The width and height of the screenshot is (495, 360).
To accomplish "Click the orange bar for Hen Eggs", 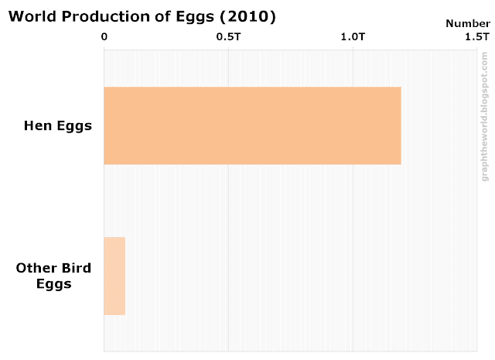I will coord(252,125).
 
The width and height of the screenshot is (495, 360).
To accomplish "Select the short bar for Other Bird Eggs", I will coord(114,276).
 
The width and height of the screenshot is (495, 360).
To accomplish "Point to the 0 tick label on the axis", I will coord(104,36).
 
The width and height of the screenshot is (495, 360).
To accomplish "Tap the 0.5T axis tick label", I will coord(228,36).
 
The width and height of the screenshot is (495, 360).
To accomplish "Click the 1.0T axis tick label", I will coord(353,36).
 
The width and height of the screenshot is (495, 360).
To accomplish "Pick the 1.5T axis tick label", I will coord(476,36).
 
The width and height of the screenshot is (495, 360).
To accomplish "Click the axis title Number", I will coord(467,23).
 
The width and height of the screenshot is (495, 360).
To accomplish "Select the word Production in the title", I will coord(104,16).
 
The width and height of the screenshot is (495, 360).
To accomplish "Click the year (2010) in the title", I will coord(250,16).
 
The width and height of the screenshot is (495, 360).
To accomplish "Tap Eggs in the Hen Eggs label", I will coord(75,125).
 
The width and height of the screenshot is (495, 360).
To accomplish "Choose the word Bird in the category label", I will coord(77,269).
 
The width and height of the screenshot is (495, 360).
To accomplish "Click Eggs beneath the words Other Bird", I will coord(53,284).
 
